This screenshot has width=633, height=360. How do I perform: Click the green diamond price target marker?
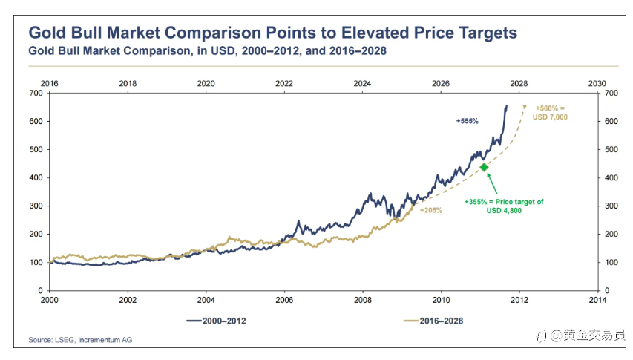click(484, 167)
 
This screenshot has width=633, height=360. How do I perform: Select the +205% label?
click(431, 210)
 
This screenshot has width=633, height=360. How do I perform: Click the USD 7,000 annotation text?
click(551, 117)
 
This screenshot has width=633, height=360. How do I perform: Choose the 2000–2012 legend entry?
click(215, 321)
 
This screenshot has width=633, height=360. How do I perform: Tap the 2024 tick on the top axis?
click(363, 83)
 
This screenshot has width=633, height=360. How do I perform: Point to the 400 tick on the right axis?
click(612, 177)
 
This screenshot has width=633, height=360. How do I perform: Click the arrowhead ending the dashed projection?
click(525, 108)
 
